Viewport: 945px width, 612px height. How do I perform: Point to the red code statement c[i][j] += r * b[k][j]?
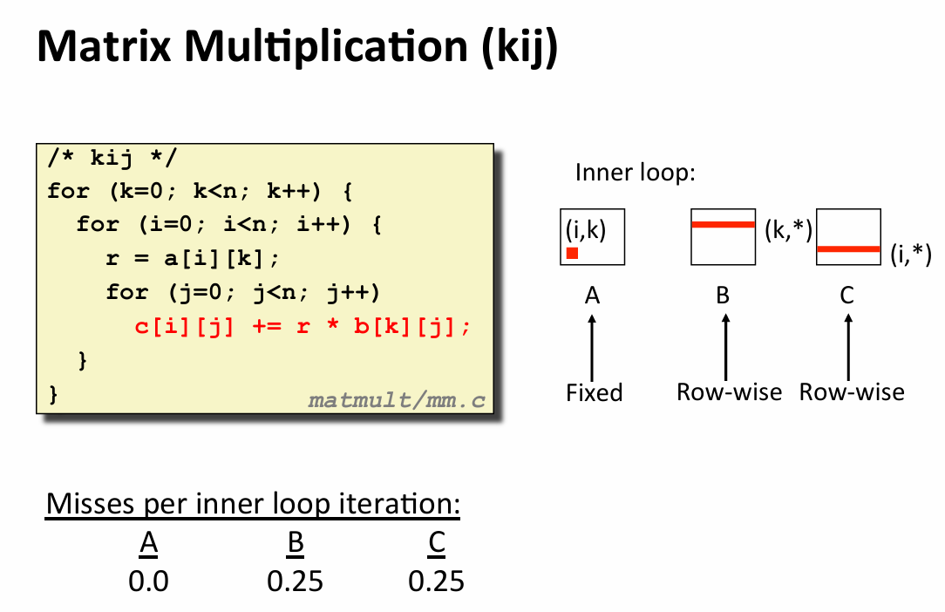pos(303,326)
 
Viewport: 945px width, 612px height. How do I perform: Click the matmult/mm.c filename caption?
pos(397,400)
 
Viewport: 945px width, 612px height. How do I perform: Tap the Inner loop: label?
pos(635,173)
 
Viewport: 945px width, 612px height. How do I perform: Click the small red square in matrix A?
pos(572,253)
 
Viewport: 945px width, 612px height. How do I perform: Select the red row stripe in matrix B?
pos(722,224)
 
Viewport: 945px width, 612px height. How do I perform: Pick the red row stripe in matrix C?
pos(848,249)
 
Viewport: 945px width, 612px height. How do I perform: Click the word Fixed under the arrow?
pos(594,392)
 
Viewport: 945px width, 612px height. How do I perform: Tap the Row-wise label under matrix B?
pos(729,392)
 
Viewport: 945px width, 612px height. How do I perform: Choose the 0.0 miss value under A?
pos(149,581)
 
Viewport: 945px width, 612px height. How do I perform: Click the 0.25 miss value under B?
pos(295,581)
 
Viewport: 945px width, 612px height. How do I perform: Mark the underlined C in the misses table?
pos(437,544)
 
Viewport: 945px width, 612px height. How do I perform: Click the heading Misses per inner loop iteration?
pos(253,504)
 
